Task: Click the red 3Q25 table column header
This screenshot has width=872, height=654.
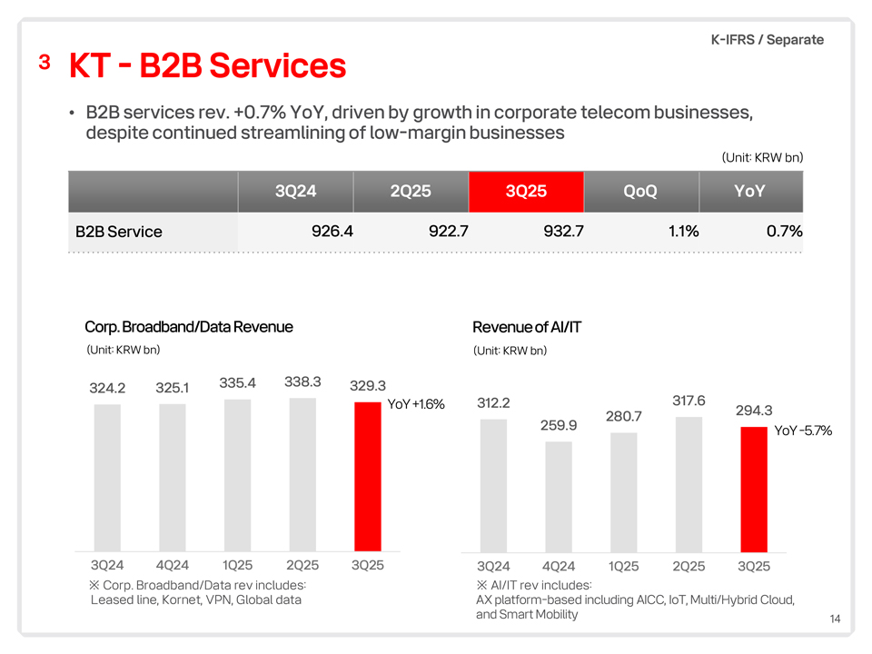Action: coord(526,191)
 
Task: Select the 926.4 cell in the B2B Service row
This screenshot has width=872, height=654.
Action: coord(332,231)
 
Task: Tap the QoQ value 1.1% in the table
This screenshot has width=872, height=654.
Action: coord(682,231)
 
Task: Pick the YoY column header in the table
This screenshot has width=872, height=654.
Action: coord(748,191)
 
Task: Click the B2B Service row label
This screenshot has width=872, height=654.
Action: coord(119,232)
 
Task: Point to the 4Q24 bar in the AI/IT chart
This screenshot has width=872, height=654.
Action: coord(559,496)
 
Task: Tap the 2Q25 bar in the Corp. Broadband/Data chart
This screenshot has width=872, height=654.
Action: coord(302,472)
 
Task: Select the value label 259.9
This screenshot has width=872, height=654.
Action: coord(559,424)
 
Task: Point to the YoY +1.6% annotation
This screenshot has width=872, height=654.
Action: coord(416,404)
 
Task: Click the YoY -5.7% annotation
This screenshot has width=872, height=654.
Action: coord(803,431)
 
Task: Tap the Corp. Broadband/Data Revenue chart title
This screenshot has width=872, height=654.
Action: coord(189,327)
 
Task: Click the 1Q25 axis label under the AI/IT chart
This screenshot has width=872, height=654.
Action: coord(624,567)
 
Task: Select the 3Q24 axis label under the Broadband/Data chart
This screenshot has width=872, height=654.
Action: coord(107,565)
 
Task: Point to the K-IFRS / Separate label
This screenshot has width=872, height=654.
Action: coord(768,39)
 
